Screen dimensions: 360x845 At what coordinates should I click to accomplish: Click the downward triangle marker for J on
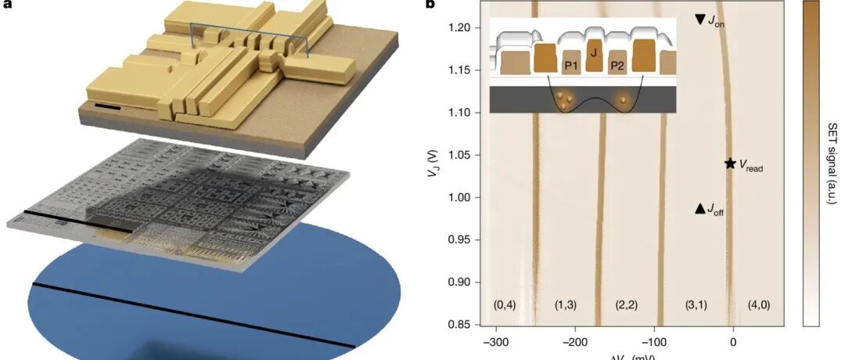(x=700, y=19)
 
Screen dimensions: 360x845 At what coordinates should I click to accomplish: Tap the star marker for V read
(x=730, y=164)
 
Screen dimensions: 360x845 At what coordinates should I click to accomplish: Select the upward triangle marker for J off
(x=700, y=208)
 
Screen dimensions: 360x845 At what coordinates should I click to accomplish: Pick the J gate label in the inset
(x=594, y=54)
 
